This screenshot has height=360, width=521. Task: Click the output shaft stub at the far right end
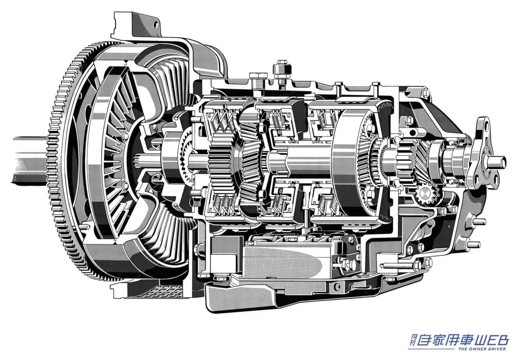[497, 162]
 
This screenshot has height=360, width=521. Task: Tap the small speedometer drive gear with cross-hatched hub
[425, 193]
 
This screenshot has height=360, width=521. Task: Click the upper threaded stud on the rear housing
[478, 222]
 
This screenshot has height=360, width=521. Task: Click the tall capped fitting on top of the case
[282, 72]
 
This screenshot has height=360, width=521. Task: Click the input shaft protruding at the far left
[30, 160]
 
